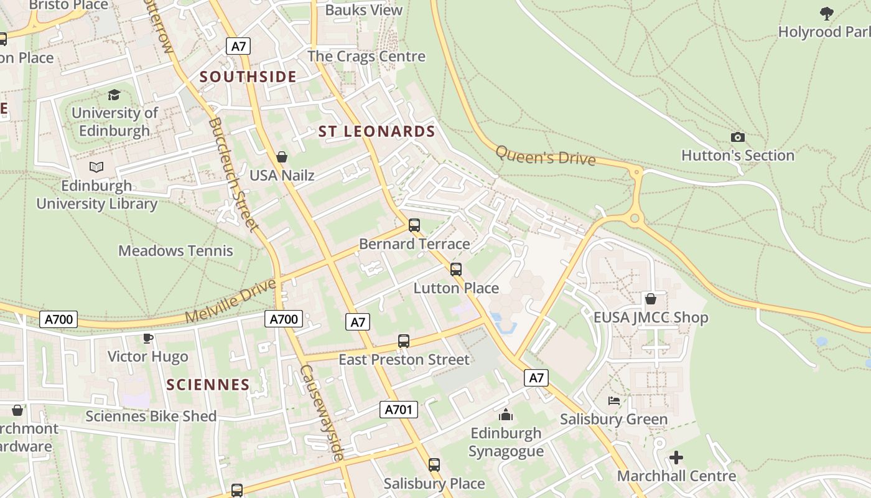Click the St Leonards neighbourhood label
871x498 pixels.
point(376,131)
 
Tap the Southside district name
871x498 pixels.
point(248,77)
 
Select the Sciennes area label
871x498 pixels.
point(208,385)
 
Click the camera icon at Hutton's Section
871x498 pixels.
point(737,137)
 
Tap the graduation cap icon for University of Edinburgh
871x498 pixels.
point(114,95)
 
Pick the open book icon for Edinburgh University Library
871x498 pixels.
point(96,167)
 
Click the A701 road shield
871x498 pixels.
point(398,410)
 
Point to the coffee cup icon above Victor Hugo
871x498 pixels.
point(147,338)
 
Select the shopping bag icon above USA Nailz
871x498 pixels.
point(282,157)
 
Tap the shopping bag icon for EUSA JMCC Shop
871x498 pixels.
point(651,299)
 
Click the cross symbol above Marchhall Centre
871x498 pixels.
point(676,458)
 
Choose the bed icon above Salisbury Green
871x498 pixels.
point(614,401)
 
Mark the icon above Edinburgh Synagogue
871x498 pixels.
point(506,415)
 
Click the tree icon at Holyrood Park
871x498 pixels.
point(826,13)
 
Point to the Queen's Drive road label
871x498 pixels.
point(546,155)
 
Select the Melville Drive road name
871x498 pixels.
point(230,301)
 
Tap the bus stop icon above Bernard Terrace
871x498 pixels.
point(414,225)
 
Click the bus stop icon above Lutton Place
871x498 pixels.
point(456,270)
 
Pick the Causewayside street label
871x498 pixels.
point(322,413)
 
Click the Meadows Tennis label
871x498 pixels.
point(175,251)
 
